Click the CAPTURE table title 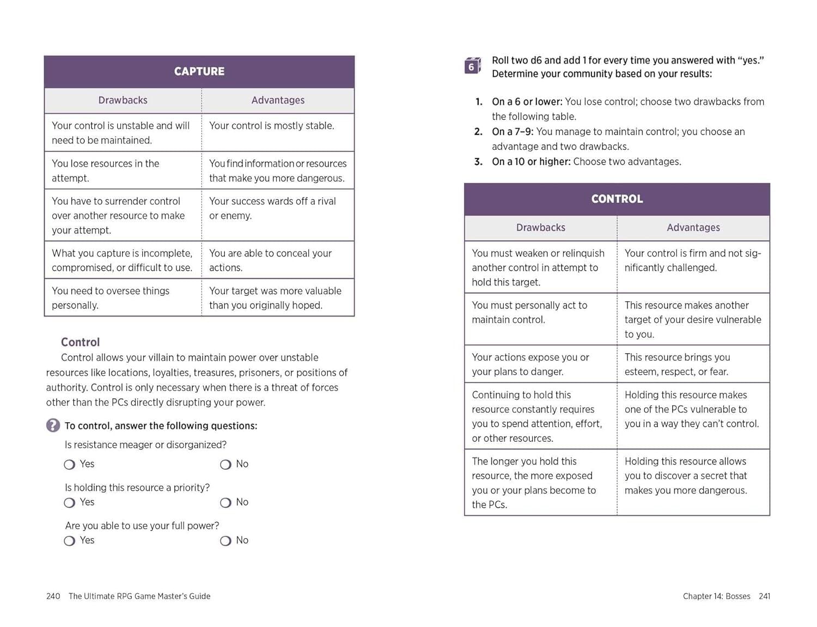point(199,71)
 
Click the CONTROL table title point(617,199)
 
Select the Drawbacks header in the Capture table point(123,100)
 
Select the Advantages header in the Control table point(693,228)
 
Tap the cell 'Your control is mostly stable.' point(271,126)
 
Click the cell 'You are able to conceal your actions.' point(270,260)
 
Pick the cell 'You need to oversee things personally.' point(111,298)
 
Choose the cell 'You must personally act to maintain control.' point(529,313)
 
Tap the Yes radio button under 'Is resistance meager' point(70,465)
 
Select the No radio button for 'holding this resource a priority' point(225,503)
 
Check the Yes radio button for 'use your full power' point(70,541)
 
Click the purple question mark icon point(53,425)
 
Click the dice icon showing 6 point(472,66)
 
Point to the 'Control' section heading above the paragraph point(80,342)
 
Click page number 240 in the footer point(53,596)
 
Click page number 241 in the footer point(764,596)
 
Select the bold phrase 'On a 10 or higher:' point(531,162)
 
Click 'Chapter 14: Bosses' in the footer point(716,596)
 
